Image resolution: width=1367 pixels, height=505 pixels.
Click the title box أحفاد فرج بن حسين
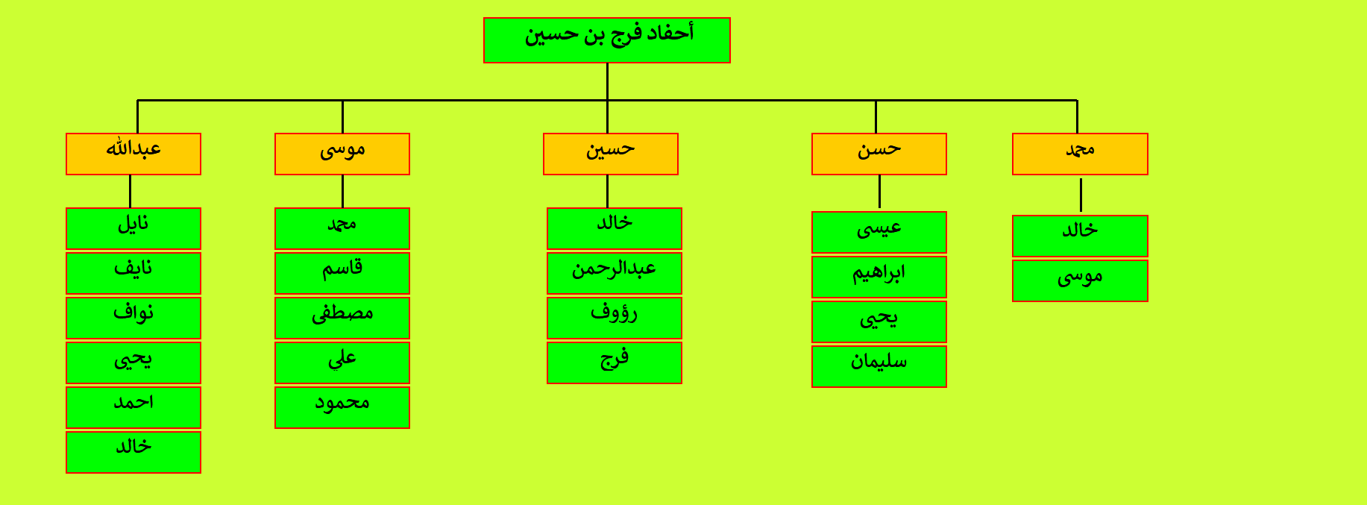point(606,40)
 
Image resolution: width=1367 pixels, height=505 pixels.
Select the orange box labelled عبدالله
point(133,154)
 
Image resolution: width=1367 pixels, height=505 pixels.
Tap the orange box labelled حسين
point(611,154)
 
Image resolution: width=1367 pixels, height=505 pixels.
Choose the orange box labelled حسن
point(879,154)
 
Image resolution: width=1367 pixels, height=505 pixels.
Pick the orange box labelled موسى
point(342,154)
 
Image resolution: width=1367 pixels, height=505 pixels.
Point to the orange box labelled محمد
point(1080,154)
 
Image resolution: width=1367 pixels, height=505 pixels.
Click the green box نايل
point(133,228)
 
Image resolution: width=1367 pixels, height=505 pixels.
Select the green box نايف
point(133,273)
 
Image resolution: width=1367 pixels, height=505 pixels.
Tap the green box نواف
point(133,318)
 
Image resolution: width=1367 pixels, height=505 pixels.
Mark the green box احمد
point(133,407)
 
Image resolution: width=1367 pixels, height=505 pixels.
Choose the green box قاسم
point(342,273)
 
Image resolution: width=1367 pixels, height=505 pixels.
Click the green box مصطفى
point(342,318)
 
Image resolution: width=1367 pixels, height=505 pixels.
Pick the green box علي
point(342,363)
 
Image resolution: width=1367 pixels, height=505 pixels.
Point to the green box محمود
point(342,407)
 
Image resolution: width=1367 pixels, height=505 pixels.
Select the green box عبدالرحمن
point(615,273)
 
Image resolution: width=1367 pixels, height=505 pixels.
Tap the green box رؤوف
point(615,318)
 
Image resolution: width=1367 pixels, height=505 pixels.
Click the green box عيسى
point(879,232)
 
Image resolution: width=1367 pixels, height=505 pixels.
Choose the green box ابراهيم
point(879,277)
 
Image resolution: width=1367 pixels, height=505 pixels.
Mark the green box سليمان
point(879,366)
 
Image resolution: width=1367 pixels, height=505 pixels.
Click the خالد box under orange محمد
point(1080,236)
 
